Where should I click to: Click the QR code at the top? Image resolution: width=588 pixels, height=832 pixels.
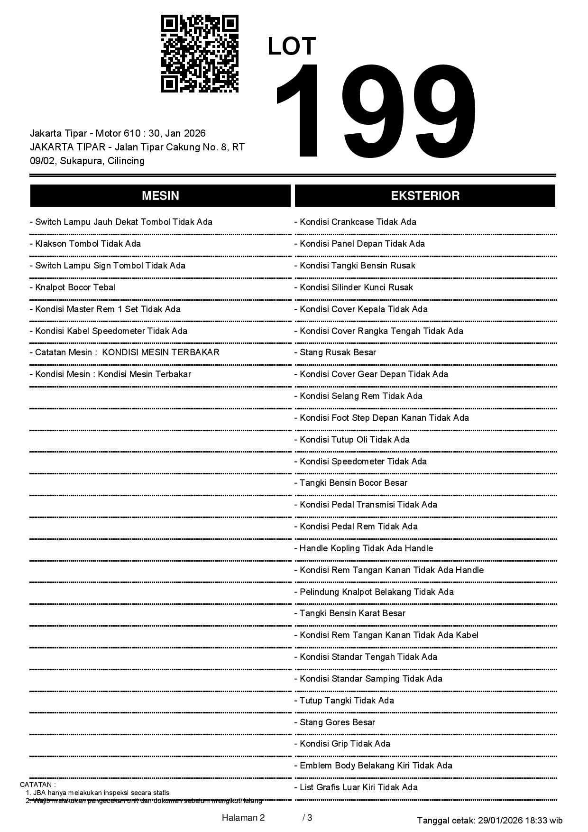200,54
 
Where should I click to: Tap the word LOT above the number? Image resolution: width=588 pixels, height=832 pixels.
292,46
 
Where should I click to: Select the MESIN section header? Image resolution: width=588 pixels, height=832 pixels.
160,195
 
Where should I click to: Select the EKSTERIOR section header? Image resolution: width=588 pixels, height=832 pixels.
425,195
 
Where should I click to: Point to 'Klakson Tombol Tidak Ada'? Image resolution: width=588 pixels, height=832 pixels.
88,244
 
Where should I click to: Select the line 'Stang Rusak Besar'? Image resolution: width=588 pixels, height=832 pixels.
338,352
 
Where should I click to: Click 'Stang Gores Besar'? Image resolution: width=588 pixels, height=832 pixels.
337,722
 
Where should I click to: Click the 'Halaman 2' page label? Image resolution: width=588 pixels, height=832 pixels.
243,818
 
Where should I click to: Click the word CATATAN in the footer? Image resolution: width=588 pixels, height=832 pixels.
37,785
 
